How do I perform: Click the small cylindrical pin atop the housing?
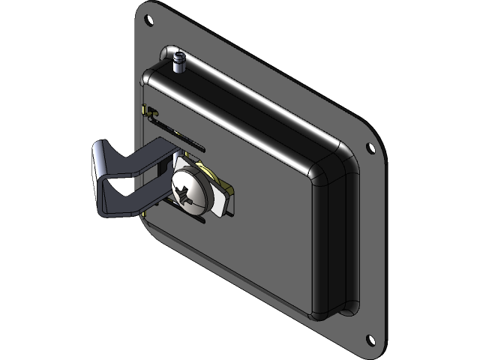coord(179,61)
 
